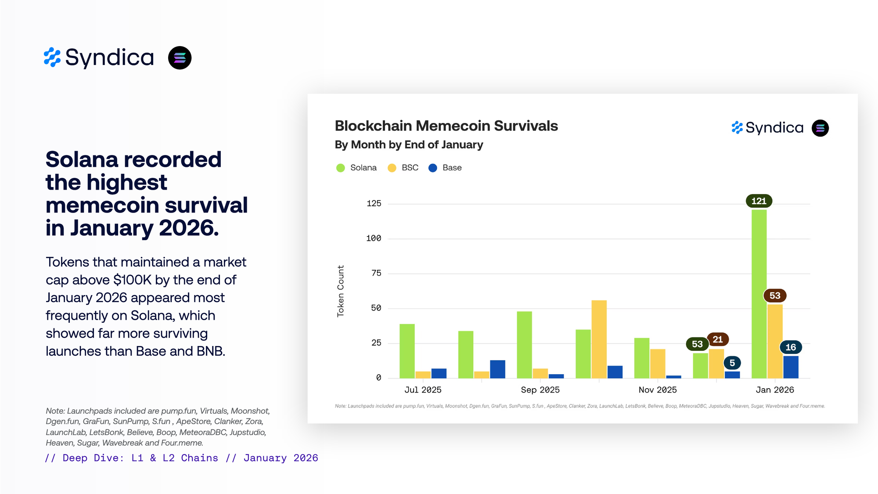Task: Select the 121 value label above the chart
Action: (759, 201)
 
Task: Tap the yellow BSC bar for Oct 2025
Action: (599, 339)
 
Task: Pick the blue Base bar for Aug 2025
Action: (497, 369)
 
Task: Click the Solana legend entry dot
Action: (340, 168)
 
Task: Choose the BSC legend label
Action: (410, 168)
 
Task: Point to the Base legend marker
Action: (433, 168)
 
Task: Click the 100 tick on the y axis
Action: (374, 238)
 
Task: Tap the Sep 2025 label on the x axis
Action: (540, 390)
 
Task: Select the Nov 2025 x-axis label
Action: (657, 390)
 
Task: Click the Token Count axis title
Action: (341, 291)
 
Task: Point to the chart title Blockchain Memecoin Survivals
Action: (446, 126)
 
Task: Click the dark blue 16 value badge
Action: (791, 347)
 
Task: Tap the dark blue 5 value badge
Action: (732, 363)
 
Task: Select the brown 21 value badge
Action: (718, 339)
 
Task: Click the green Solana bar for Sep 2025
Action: (524, 345)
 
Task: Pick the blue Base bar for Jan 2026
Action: (791, 367)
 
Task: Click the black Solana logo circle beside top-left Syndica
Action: (180, 58)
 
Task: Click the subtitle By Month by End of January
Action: (409, 145)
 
